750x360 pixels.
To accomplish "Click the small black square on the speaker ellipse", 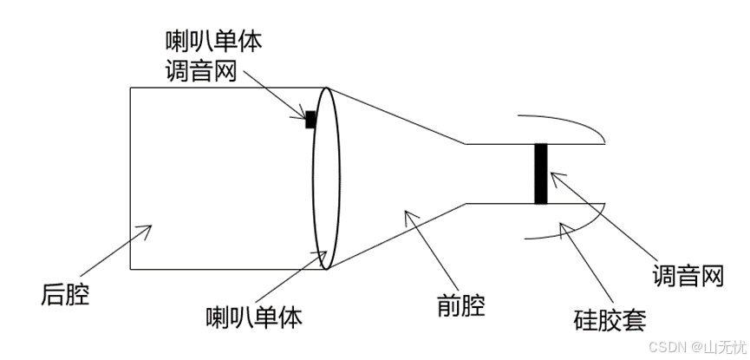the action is [x=310, y=119].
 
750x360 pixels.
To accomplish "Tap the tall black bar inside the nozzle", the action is [x=541, y=173].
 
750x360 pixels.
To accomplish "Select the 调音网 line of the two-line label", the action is [x=201, y=71].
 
